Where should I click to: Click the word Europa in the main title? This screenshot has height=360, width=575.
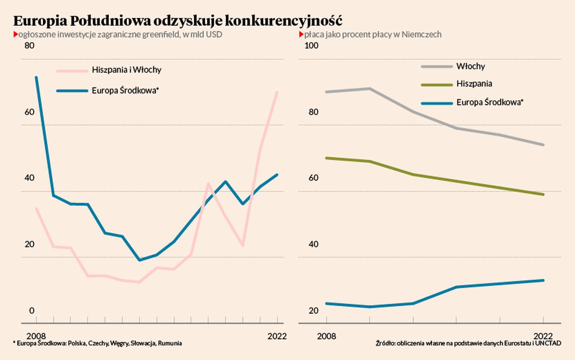(39, 21)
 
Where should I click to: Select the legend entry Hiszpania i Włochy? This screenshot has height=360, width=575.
(127, 70)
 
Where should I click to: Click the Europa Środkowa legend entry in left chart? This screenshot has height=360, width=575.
(125, 91)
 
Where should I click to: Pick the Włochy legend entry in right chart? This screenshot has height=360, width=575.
(471, 67)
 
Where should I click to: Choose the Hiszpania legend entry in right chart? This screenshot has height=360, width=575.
(474, 84)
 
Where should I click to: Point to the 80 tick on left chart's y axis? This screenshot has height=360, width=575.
(29, 46)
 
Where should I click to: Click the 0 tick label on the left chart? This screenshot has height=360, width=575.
(32, 311)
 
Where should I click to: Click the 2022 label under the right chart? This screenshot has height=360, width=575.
(544, 336)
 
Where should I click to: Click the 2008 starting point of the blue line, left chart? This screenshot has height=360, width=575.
(36, 77)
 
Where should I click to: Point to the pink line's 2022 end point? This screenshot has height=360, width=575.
(277, 92)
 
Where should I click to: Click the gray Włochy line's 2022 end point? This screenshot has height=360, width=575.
(544, 145)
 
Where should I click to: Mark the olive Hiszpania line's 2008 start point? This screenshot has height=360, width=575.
(326, 158)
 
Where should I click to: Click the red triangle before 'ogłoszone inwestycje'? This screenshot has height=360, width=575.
(16, 35)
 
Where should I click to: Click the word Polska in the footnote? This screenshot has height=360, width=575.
(78, 343)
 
